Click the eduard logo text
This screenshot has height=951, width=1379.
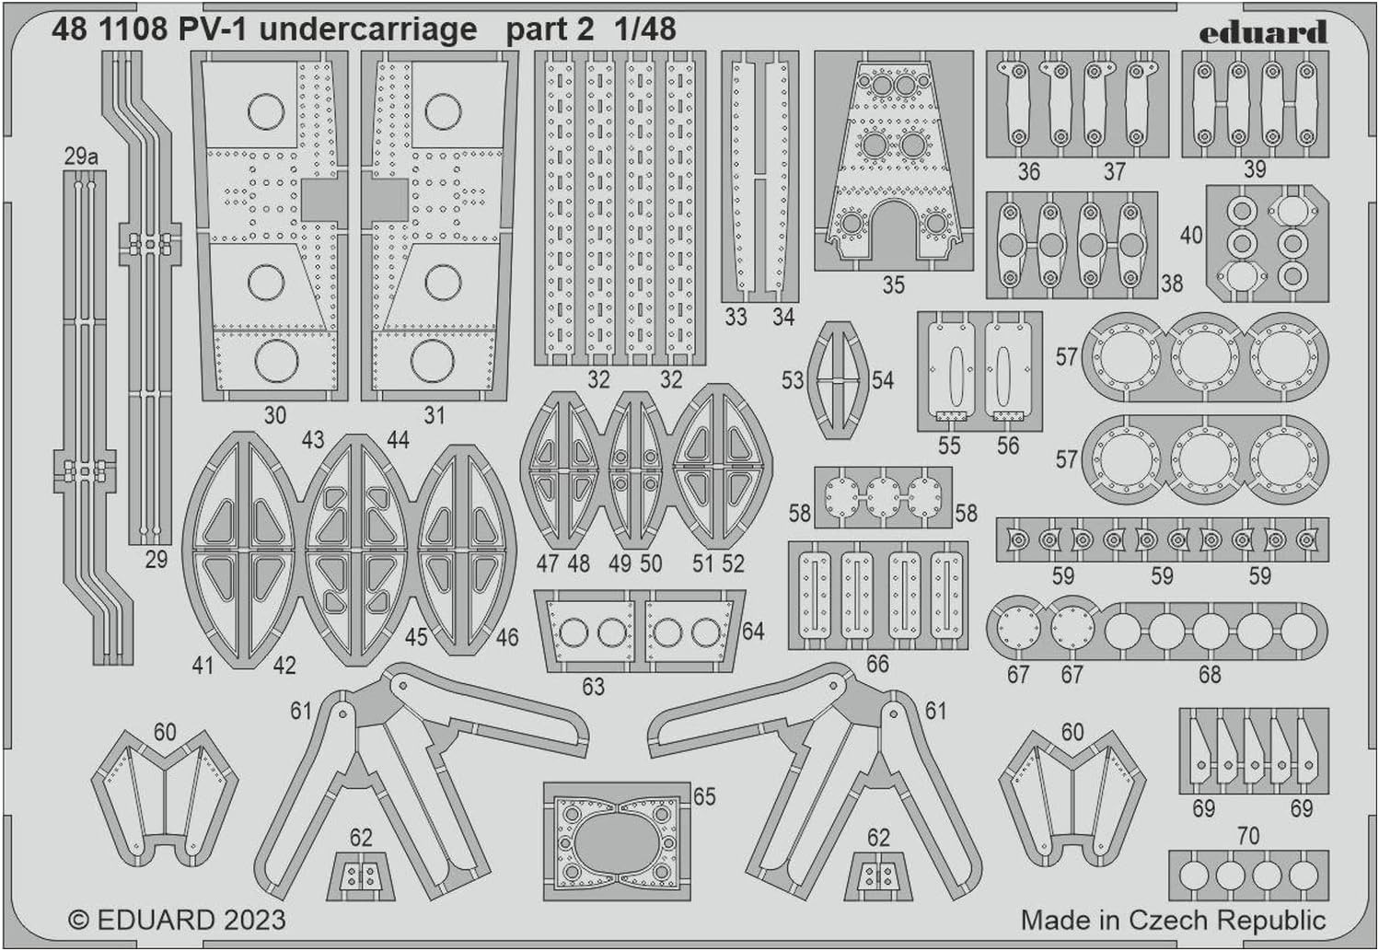point(1263,32)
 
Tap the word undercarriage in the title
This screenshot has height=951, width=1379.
point(367,29)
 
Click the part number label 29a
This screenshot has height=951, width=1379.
point(81,157)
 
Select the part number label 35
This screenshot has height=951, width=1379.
point(893,285)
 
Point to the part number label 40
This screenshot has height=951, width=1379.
point(1191,235)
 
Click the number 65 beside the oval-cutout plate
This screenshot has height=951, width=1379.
point(704,796)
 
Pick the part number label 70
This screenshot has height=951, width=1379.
point(1248,835)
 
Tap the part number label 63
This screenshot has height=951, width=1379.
point(593,686)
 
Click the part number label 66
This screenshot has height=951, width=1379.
point(877,664)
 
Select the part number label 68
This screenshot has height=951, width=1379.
point(1210,675)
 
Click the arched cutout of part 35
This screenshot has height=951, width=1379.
point(893,231)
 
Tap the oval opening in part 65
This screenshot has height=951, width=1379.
point(617,841)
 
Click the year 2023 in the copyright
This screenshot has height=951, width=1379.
point(255,921)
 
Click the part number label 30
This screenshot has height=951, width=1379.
point(275,415)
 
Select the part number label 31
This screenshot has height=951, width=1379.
point(434,415)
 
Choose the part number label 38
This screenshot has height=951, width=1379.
point(1172,284)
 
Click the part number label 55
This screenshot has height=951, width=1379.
point(949,446)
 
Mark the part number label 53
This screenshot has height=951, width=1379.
point(793,380)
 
